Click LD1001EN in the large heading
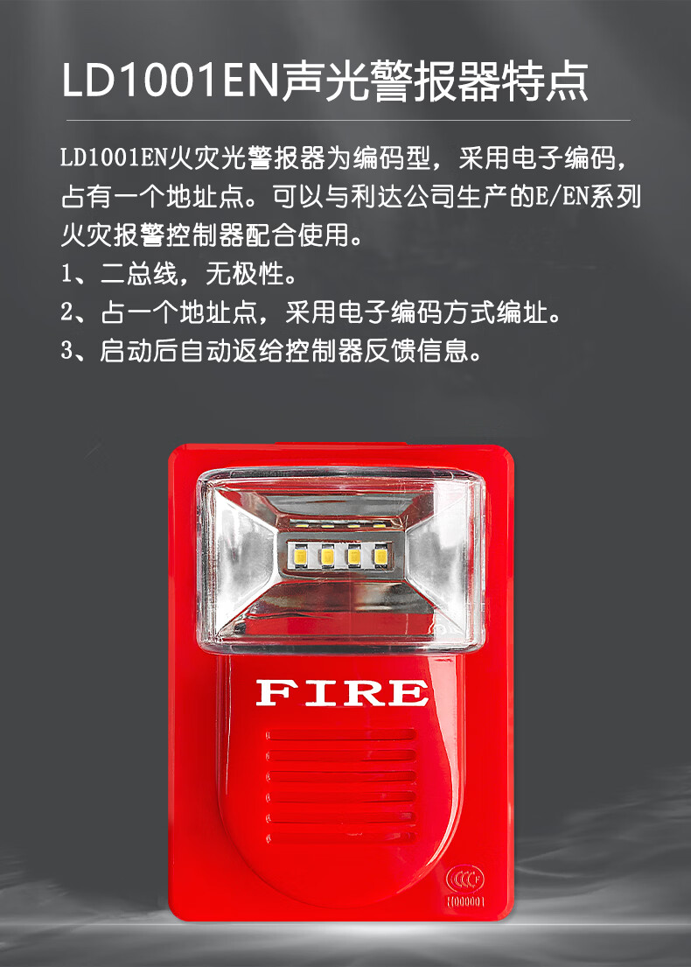[x=171, y=81]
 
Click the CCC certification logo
[x=465, y=879]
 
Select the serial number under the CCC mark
[x=466, y=901]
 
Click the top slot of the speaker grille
[x=341, y=735]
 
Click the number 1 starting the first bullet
[x=66, y=273]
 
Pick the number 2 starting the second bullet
[x=67, y=312]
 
